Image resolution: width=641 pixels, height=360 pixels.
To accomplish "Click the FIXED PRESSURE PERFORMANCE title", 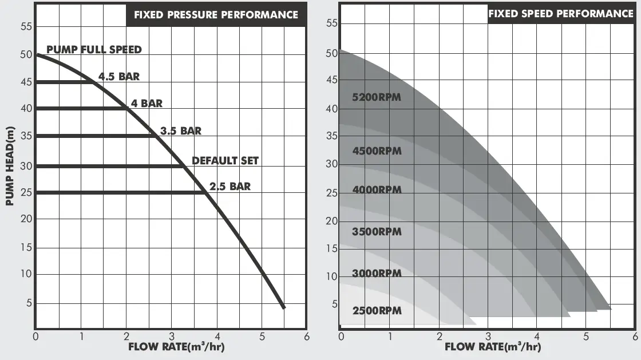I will click(216, 15).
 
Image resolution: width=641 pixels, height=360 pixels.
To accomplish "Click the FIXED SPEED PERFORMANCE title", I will click(560, 14).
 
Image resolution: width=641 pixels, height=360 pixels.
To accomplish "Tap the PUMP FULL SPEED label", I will click(94, 49).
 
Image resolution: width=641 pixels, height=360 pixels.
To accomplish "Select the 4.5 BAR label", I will click(119, 76).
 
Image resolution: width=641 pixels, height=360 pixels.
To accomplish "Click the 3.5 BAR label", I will click(181, 130).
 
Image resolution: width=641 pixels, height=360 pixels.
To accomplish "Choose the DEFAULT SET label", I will click(225, 161).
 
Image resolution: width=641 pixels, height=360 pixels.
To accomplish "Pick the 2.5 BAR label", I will click(230, 187).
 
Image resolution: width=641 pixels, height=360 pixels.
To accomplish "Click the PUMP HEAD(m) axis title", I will click(10, 166).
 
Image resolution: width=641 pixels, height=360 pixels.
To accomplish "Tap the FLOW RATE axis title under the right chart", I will click(492, 346).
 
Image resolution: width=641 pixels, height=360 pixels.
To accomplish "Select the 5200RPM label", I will click(377, 97).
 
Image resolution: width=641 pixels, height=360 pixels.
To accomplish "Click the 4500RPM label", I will click(377, 151).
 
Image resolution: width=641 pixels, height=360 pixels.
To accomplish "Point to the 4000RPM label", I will click(377, 189).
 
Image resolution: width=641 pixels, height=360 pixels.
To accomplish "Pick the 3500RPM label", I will click(377, 232).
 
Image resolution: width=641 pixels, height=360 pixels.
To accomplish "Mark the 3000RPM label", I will click(377, 273).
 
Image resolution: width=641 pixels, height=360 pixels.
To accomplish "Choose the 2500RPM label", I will click(377, 311).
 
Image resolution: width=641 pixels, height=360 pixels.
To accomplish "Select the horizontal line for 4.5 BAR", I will click(63, 82).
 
